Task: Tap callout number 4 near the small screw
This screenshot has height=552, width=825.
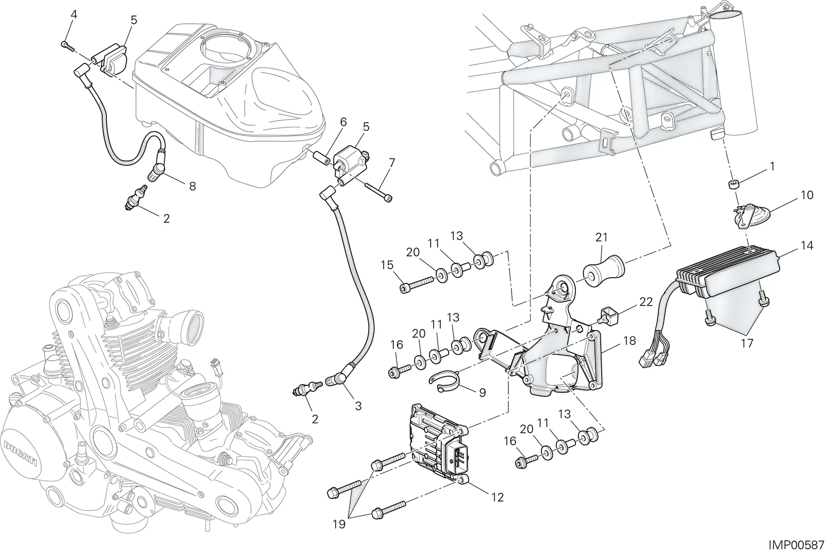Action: (74, 15)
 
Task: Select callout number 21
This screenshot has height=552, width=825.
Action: (601, 238)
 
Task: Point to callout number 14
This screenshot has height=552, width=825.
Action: (807, 245)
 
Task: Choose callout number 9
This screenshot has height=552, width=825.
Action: (483, 393)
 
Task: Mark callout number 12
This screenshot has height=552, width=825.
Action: (497, 497)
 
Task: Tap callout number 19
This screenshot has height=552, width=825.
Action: (339, 524)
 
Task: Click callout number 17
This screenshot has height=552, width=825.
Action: (747, 344)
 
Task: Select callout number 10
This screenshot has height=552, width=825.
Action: (807, 195)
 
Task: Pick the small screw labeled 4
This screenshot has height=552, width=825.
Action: (68, 46)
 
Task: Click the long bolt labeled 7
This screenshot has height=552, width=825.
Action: (379, 192)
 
